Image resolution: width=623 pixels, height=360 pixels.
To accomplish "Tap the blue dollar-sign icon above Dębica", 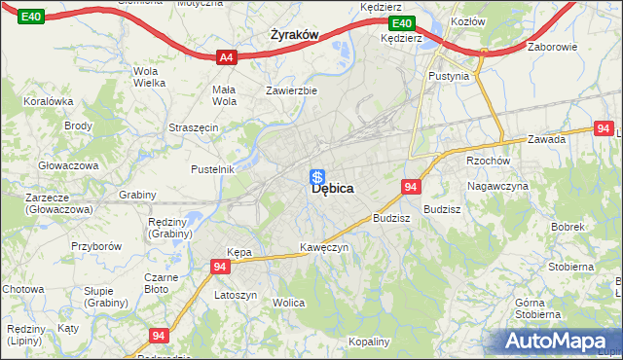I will tap(316, 176).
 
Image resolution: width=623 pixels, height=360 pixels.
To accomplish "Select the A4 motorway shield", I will tap(227, 57).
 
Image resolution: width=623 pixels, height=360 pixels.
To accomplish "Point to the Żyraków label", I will tap(294, 34).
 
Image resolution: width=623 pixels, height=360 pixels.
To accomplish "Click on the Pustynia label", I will tap(448, 75).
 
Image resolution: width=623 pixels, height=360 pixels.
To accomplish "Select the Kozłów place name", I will tap(468, 20).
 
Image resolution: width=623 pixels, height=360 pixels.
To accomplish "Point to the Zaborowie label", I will tap(553, 46).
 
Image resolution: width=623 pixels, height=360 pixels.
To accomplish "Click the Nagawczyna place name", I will tap(497, 185).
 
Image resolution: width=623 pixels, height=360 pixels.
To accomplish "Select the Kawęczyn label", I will tap(324, 247).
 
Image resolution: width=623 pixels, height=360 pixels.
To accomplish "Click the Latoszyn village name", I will tap(236, 295).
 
